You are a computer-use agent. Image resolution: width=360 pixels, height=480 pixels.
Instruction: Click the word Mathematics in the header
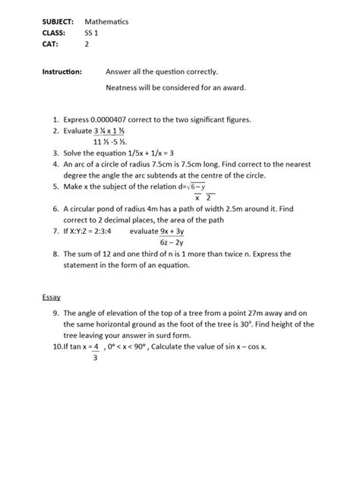pyautogui.click(x=106, y=22)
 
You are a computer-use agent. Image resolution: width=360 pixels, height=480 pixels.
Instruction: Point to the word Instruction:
pyautogui.click(x=62, y=72)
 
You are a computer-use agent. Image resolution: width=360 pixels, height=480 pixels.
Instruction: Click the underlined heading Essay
pyautogui.click(x=52, y=297)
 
